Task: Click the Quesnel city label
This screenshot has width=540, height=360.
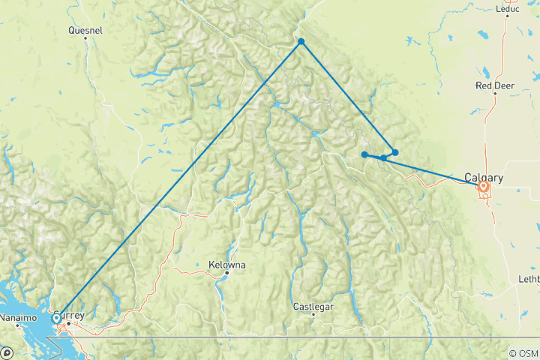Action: coord(85,31)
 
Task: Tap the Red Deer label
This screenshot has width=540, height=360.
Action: coord(494,85)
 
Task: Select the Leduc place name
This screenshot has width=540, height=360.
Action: coord(507,9)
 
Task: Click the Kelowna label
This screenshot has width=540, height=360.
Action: coord(226,265)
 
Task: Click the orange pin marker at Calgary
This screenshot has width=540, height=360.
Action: coord(484,187)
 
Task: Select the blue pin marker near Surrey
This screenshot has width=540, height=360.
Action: coord(56,319)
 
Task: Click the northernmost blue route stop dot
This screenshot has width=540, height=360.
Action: coord(301,41)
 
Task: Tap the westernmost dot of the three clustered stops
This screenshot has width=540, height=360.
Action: coord(364,155)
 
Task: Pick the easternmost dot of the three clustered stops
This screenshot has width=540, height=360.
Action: coord(395,152)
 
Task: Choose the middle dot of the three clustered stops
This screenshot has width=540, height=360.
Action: coord(383,157)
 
